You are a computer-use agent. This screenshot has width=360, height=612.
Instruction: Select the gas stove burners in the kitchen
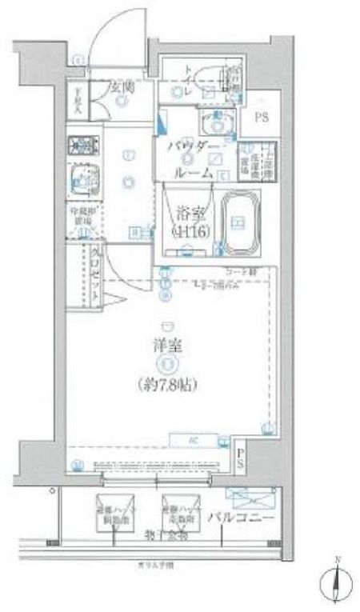point(79,146)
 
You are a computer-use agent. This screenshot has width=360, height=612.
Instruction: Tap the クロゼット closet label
point(95,274)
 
